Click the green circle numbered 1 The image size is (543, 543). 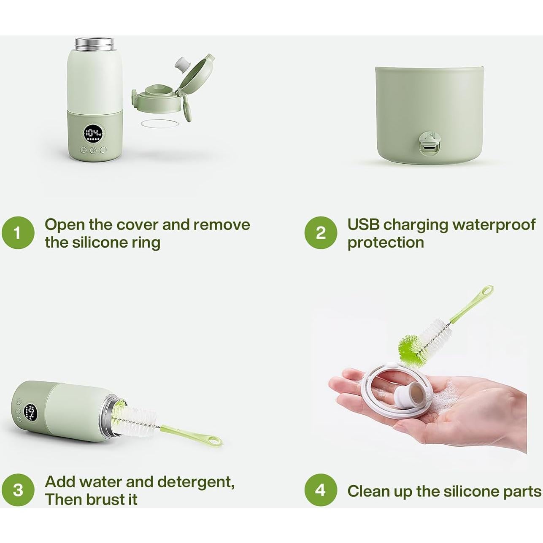pos(18,233)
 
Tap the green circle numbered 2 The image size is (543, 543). pos(321,233)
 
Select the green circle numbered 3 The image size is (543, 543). pos(18,490)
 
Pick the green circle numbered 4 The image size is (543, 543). pos(321,490)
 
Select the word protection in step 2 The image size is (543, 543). pos(386,243)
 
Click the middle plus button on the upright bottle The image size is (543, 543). pos(93,150)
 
